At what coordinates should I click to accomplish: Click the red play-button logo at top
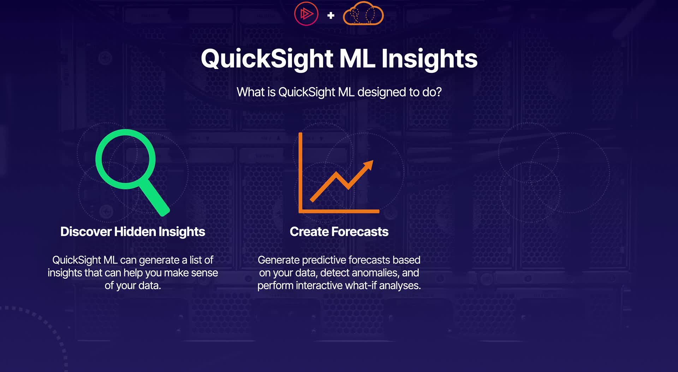click(306, 14)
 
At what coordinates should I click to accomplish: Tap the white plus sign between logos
click(331, 15)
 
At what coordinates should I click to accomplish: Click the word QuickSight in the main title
click(267, 59)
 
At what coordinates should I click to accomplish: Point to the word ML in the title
click(357, 59)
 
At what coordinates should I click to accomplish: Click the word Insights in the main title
click(429, 59)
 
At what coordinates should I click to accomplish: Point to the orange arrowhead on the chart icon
click(368, 165)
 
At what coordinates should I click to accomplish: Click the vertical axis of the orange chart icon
click(301, 173)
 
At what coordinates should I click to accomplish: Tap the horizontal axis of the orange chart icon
click(339, 211)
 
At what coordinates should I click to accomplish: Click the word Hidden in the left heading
click(135, 232)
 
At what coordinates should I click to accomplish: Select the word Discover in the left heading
click(86, 232)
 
